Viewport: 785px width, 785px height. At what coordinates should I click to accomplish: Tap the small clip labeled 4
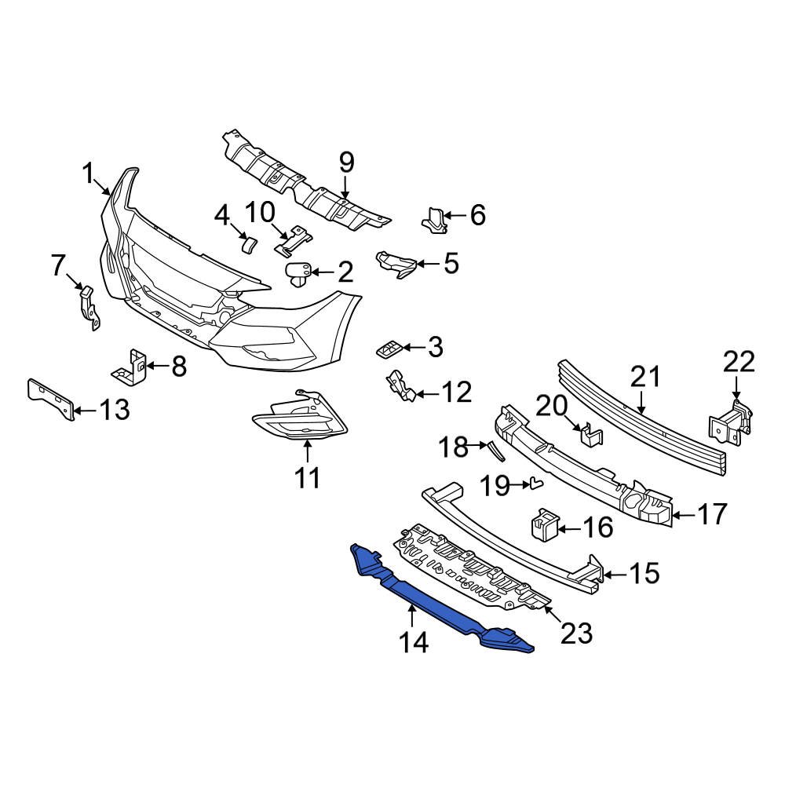[x=249, y=245]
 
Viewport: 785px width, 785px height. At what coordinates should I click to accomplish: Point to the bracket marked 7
[x=89, y=308]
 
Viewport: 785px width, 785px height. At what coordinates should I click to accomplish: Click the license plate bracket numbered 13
[x=51, y=399]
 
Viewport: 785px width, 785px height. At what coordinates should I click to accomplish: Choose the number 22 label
[x=739, y=362]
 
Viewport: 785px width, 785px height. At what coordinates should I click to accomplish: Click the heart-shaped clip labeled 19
[x=536, y=483]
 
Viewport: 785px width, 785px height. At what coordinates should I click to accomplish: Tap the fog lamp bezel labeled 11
[x=299, y=415]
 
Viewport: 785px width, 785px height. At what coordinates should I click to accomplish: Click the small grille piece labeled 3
[x=389, y=349]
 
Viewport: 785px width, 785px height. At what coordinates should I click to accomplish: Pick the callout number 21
[x=646, y=377]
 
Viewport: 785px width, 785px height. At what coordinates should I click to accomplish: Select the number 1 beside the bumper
[x=88, y=175]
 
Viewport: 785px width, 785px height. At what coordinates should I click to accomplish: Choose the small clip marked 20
[x=591, y=433]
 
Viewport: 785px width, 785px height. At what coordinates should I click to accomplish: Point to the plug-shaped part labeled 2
[x=298, y=274]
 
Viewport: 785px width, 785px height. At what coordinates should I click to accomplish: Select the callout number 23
[x=577, y=633]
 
